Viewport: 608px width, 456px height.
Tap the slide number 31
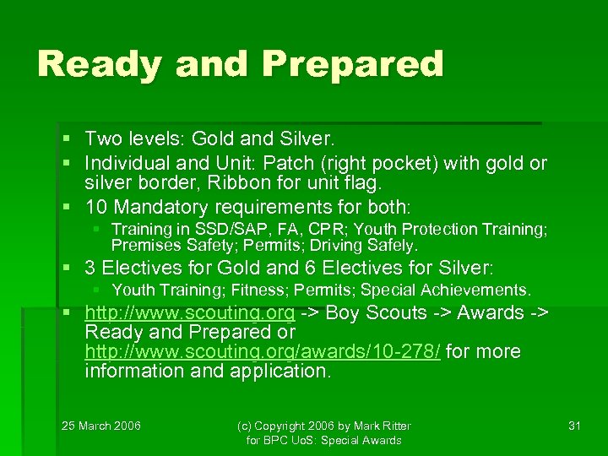tap(574, 426)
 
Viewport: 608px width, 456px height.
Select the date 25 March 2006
tap(101, 426)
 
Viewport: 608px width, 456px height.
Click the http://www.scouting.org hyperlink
tap(190, 312)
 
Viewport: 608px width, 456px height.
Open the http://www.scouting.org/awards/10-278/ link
tap(263, 351)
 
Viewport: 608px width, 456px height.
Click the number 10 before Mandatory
tap(95, 207)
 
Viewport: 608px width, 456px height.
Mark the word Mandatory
tap(162, 207)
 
